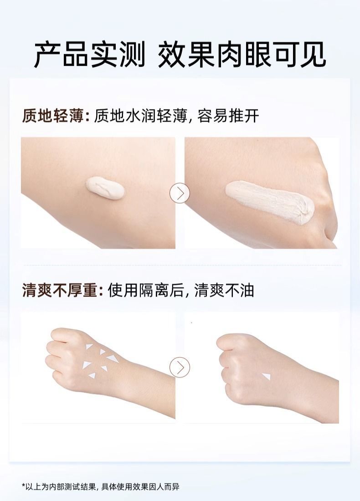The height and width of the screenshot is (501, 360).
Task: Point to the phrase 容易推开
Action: [228, 116]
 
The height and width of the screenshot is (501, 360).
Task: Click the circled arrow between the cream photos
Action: [180, 193]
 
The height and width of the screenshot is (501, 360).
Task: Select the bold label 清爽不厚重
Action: [61, 291]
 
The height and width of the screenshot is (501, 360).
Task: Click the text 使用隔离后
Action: [146, 291]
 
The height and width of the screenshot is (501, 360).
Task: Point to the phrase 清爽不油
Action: [224, 291]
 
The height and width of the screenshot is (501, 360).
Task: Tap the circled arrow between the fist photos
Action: [180, 368]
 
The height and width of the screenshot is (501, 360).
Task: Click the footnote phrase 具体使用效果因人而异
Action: [140, 486]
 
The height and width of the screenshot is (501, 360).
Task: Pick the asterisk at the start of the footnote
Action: [23, 486]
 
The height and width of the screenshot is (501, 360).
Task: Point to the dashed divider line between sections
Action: [183, 265]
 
